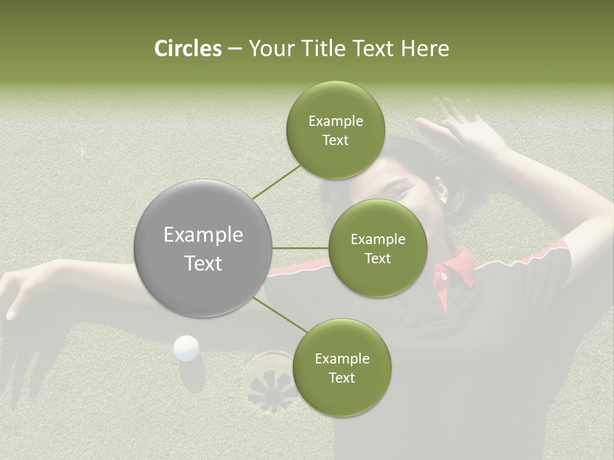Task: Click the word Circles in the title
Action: click(x=188, y=49)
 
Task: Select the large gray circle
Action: click(x=203, y=248)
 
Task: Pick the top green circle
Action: click(x=335, y=130)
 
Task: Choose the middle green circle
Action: click(x=377, y=248)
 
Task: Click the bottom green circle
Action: click(x=342, y=367)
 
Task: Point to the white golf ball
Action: click(x=186, y=348)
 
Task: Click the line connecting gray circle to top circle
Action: click(x=276, y=182)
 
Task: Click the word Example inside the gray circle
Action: click(x=203, y=235)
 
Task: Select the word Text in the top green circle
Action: click(x=335, y=141)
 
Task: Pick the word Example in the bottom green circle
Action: click(x=342, y=358)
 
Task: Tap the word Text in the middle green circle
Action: click(x=377, y=258)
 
